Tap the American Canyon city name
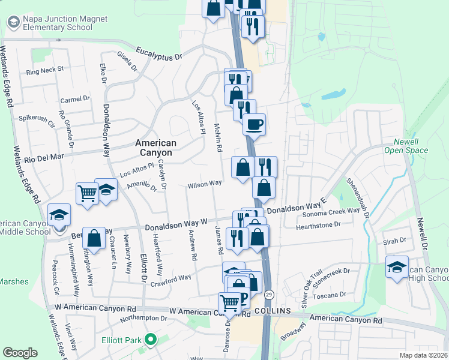coord(155,148)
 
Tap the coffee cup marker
coord(253,124)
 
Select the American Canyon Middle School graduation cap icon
coord(59,214)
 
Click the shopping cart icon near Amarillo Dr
coord(87,193)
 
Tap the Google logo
coord(20,353)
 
